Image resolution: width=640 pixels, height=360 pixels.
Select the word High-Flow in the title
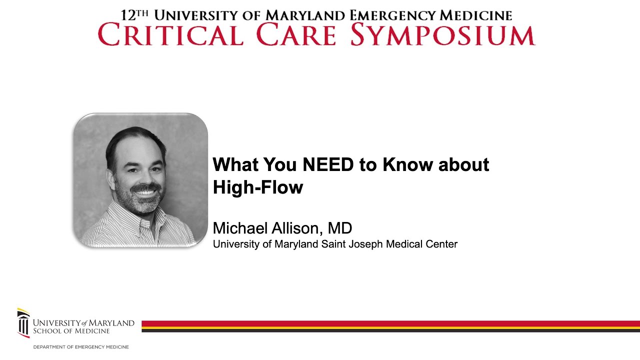258,187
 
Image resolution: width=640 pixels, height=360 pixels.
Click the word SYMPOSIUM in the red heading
442,35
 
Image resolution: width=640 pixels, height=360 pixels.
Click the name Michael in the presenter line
240,228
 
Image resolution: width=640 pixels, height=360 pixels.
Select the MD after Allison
340,228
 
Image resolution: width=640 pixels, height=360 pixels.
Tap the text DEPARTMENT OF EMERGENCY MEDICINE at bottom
81,347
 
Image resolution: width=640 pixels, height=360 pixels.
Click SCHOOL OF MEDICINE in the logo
71,331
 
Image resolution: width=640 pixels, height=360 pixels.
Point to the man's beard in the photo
145,202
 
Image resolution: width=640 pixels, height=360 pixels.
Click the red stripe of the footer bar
390,323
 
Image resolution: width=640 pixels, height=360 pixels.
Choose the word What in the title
235,164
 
